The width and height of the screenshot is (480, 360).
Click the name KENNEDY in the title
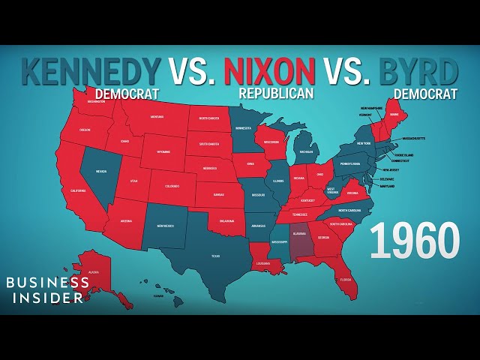(91, 71)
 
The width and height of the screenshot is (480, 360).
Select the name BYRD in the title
(418, 71)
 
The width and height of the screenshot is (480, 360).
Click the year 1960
(415, 240)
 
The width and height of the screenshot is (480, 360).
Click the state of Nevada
(100, 172)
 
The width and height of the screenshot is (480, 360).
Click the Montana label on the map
(157, 117)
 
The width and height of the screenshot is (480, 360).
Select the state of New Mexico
(166, 226)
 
